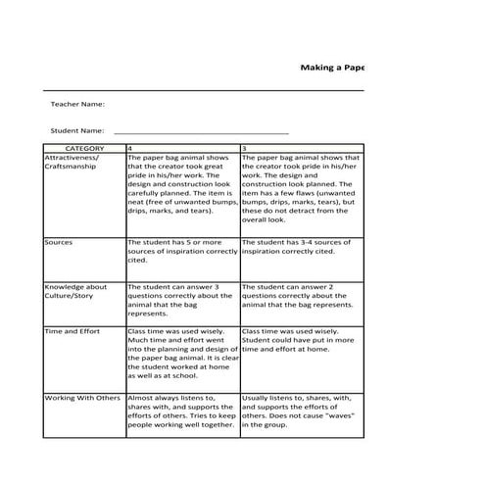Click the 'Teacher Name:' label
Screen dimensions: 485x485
(x=77, y=104)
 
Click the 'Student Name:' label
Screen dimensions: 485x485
(x=77, y=130)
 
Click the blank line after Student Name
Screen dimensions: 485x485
(x=201, y=130)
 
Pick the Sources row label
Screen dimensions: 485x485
(x=59, y=241)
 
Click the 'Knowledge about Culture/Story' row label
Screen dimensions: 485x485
(x=76, y=291)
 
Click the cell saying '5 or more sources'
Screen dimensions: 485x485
(x=182, y=251)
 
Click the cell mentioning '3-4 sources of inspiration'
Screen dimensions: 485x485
(x=300, y=246)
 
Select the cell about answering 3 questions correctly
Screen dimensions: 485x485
(x=182, y=296)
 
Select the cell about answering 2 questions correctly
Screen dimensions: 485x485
(x=300, y=296)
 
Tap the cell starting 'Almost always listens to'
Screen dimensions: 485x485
(x=182, y=412)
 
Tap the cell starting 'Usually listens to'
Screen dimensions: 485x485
(x=300, y=412)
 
